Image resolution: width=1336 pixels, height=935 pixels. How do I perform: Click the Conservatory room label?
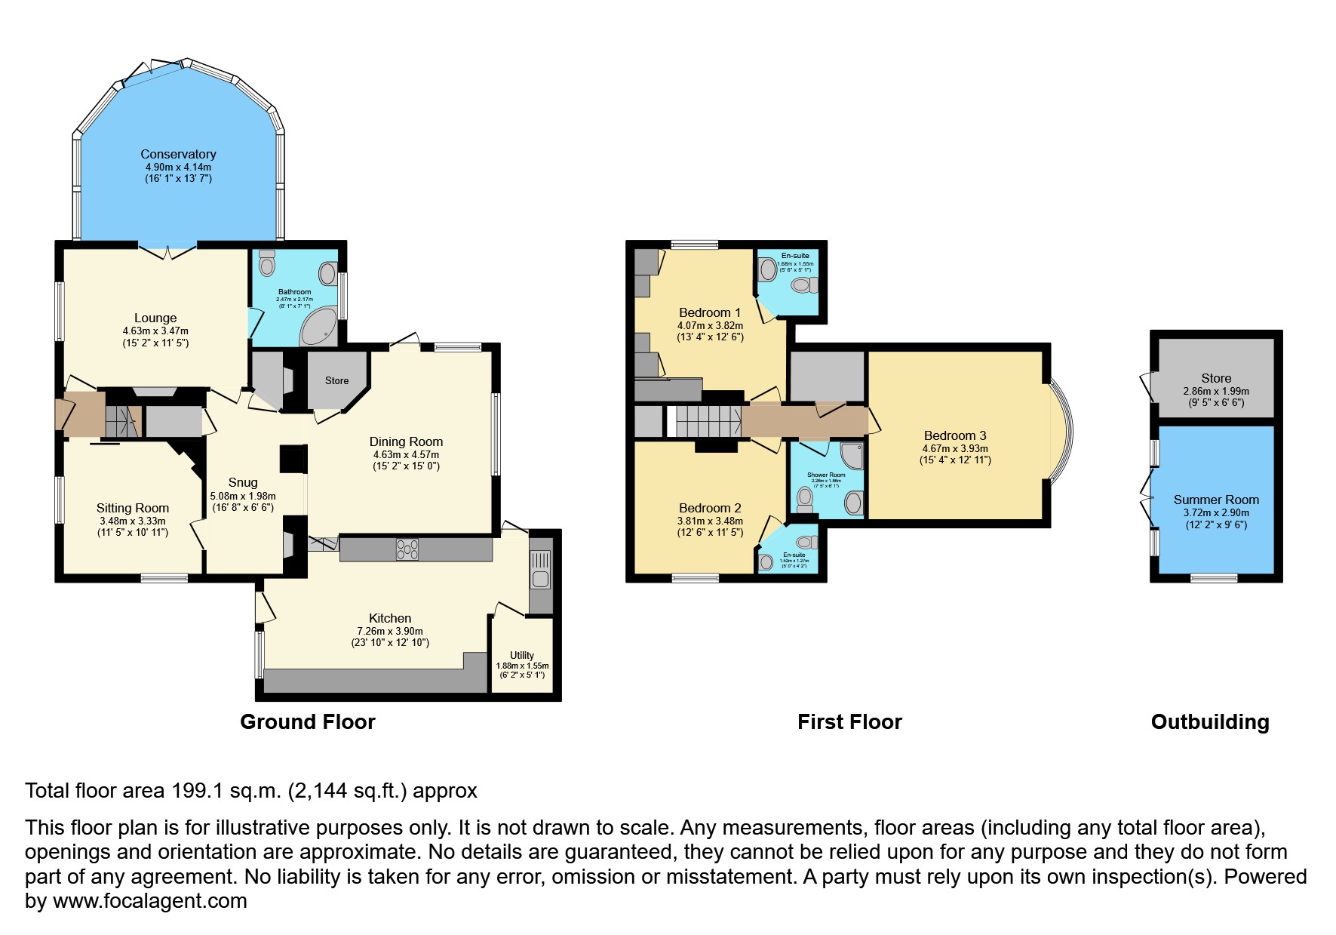[178, 154]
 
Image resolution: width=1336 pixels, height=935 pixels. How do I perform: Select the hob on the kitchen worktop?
[407, 549]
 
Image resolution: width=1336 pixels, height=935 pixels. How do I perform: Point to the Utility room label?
[521, 655]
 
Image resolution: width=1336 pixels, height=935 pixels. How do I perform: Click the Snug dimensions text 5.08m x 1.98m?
[243, 496]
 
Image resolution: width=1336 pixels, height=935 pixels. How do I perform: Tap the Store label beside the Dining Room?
[336, 380]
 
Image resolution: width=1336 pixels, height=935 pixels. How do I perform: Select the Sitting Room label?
[132, 508]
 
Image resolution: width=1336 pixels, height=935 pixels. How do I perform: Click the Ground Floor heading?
[307, 721]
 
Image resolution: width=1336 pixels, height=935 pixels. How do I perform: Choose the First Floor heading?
[849, 721]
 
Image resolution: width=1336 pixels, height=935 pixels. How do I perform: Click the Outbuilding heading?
[1209, 721]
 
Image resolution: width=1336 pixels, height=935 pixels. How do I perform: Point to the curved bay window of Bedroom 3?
[1062, 432]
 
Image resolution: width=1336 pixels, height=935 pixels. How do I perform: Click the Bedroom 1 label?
[710, 312]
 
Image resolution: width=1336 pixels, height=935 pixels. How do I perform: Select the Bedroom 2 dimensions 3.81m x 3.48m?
[710, 521]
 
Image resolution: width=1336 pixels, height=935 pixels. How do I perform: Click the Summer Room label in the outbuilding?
[1215, 500]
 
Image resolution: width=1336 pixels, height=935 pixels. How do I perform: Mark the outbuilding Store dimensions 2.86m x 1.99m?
[1215, 391]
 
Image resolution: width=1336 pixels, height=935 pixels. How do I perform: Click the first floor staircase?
[708, 420]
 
